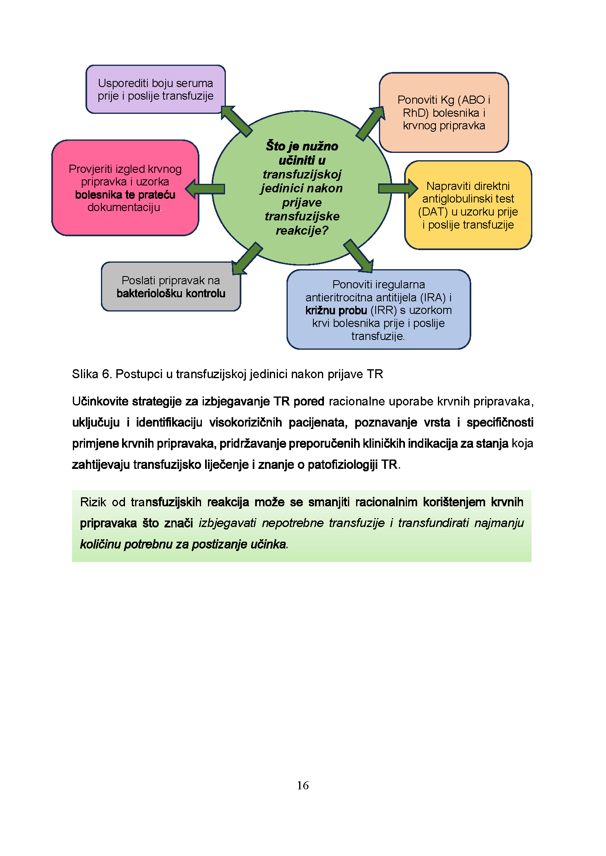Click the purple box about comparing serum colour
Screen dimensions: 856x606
click(x=155, y=89)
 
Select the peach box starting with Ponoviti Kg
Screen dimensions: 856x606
click(x=444, y=113)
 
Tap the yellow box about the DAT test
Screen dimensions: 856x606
click(x=468, y=205)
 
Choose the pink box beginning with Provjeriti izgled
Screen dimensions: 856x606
click(x=125, y=187)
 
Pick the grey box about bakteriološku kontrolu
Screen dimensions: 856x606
click(x=171, y=287)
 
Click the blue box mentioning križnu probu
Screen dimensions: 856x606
click(x=378, y=309)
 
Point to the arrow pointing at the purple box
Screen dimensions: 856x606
click(x=236, y=121)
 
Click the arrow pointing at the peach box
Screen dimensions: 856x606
click(x=370, y=123)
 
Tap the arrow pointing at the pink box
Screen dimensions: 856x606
click(x=205, y=189)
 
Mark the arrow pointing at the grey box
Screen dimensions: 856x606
click(x=246, y=259)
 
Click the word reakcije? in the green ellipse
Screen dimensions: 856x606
click(x=302, y=231)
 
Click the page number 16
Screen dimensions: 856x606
click(x=303, y=785)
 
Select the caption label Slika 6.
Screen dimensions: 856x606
click(x=92, y=374)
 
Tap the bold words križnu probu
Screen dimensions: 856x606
click(x=336, y=310)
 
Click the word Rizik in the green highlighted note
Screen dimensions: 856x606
click(x=93, y=502)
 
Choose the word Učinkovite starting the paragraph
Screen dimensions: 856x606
click(x=100, y=401)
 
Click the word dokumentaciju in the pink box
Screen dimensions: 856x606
click(x=124, y=207)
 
